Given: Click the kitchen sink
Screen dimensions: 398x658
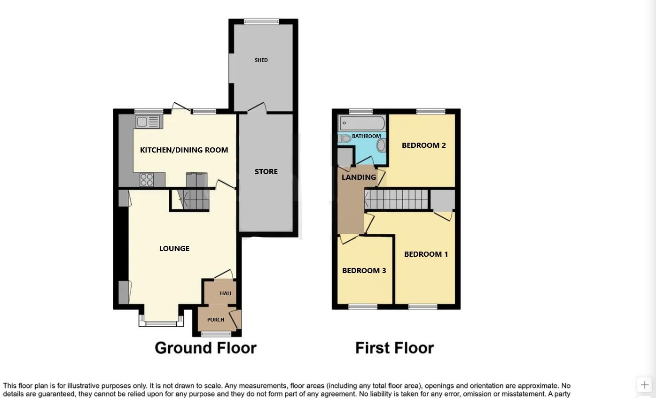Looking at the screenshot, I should tap(148, 122).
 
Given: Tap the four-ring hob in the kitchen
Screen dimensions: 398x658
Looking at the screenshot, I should tap(147, 180).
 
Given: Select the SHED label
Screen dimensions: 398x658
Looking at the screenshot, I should tap(261, 60).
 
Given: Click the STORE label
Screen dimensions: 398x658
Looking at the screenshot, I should tap(266, 172).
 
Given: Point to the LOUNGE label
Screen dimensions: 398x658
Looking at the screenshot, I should tap(174, 249).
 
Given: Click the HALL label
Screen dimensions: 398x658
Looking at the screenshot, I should tap(226, 293).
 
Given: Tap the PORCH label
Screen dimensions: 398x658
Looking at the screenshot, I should tap(216, 320).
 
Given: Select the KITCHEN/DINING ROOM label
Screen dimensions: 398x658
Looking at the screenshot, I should tap(184, 150).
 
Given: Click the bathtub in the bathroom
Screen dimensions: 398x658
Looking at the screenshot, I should tap(362, 123).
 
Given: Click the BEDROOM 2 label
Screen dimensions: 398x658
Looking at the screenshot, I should tap(423, 145).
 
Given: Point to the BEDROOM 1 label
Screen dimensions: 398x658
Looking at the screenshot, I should tap(426, 254).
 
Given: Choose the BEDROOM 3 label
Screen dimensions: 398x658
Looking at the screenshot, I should tap(364, 271).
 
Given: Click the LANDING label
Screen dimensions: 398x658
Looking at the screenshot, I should tap(359, 177).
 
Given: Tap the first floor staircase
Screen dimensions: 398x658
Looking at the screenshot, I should tap(398, 199).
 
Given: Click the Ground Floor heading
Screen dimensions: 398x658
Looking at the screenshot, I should tap(205, 348).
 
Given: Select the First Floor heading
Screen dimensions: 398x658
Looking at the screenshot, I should tap(394, 348).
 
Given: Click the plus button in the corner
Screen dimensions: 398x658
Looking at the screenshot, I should tap(645, 385).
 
